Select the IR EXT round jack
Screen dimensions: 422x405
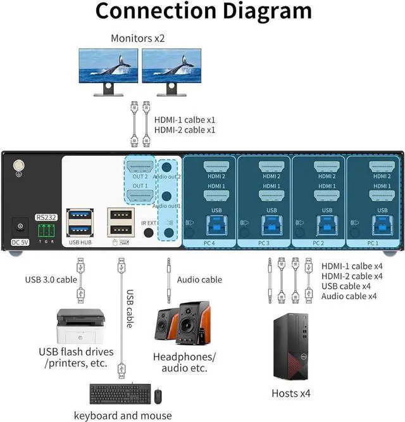[x=149, y=233]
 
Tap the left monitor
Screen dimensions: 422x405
[x=108, y=68]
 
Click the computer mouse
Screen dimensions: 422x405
[x=158, y=397]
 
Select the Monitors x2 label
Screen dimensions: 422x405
[x=137, y=38]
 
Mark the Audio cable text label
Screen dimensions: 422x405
[x=199, y=279]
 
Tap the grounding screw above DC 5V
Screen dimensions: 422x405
[x=19, y=167]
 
